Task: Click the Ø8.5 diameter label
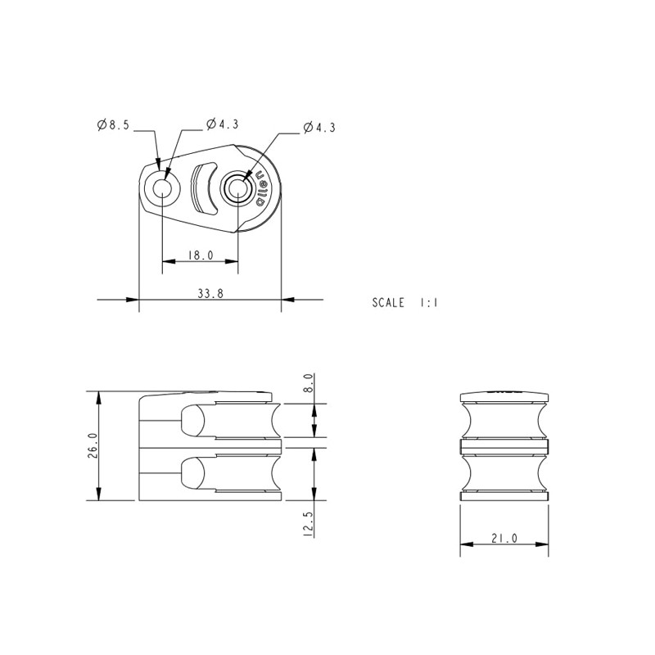tap(112, 125)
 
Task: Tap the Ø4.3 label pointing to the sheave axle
tap(318, 127)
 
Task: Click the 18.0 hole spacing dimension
tap(201, 255)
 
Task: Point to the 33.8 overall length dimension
tap(210, 294)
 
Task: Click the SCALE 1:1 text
tap(405, 302)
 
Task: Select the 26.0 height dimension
tap(92, 446)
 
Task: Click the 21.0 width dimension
tap(504, 538)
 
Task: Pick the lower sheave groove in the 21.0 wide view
tap(504, 473)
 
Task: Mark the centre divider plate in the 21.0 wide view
tap(504, 447)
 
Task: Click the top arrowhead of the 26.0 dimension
tap(98, 397)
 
